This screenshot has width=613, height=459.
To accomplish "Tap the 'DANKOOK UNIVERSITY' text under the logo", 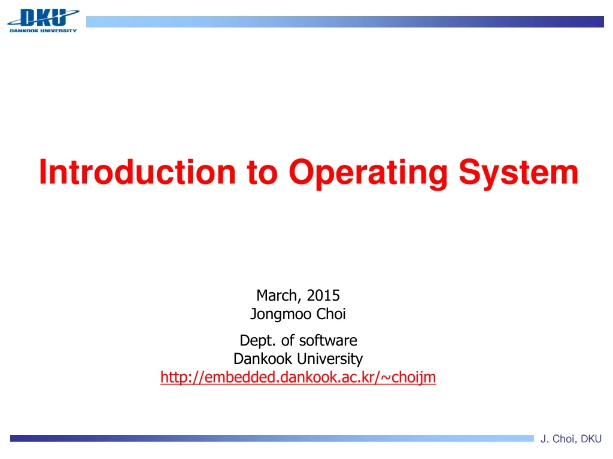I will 43,30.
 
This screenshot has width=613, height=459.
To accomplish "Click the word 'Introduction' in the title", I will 137,172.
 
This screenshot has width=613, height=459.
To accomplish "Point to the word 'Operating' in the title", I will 368,173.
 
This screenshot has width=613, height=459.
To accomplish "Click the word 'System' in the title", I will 518,173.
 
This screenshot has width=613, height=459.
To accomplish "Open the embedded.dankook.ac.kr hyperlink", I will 298,377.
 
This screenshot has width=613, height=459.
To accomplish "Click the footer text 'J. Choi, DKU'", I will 571,439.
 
